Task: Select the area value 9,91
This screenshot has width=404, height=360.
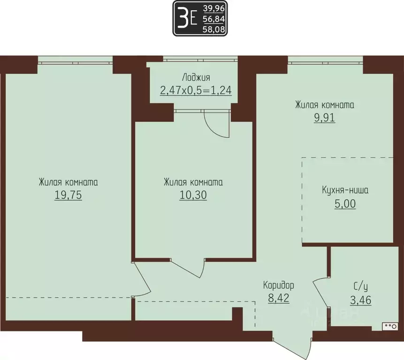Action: tap(324, 118)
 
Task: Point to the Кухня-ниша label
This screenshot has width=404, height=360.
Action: tap(345, 191)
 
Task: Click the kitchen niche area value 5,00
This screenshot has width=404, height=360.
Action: tap(345, 204)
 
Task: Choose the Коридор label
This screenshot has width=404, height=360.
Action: tap(278, 285)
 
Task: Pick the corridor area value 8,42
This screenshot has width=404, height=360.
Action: tap(278, 298)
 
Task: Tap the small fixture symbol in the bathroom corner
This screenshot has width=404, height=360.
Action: tap(389, 324)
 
